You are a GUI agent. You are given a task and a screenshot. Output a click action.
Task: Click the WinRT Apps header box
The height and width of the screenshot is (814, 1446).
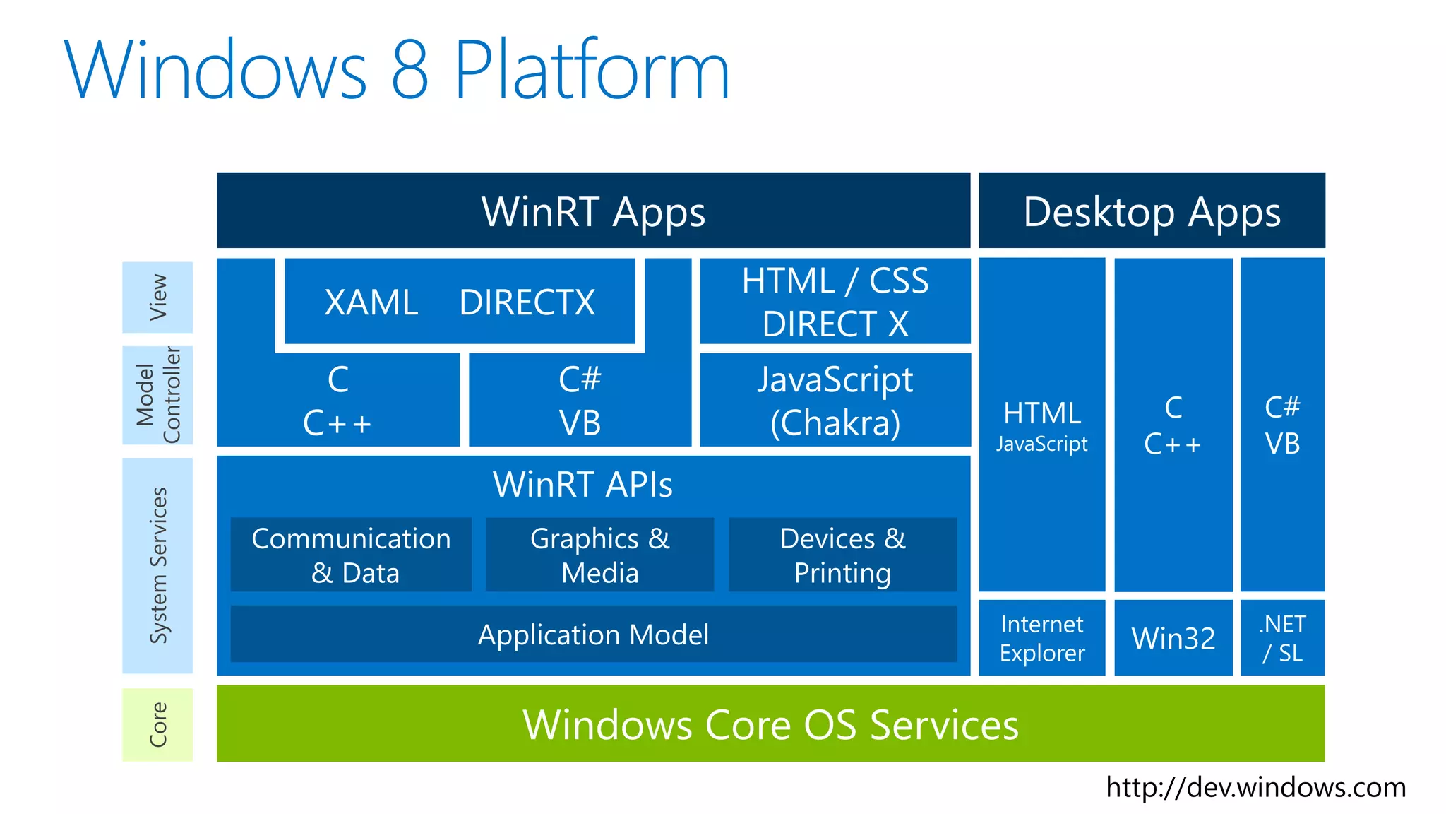593,211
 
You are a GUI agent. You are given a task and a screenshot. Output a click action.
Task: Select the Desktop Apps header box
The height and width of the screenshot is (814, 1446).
1152,211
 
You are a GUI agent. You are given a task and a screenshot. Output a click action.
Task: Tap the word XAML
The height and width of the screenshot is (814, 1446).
371,302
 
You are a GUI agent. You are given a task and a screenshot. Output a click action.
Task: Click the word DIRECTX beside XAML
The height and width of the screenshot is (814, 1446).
527,302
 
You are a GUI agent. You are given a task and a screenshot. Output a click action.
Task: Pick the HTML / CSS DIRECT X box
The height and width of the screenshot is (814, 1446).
835,302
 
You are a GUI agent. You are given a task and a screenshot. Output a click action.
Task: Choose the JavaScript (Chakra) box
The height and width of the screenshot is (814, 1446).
835,401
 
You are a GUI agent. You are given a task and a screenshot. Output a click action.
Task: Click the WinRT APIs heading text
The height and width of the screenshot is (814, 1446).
582,485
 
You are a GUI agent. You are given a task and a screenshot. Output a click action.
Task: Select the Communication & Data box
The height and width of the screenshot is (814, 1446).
351,555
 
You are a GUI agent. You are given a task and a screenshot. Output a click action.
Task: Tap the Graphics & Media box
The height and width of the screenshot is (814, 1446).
599,555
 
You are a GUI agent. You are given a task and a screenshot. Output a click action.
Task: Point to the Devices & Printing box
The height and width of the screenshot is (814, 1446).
842,555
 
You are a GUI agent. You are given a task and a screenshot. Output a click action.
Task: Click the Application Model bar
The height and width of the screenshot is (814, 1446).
593,634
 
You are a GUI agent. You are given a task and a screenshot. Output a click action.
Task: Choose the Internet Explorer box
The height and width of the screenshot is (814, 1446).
1041,638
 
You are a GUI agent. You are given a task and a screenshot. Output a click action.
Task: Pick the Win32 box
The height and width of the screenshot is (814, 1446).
1173,638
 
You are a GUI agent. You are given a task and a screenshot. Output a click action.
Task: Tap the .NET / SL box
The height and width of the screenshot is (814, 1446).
1282,638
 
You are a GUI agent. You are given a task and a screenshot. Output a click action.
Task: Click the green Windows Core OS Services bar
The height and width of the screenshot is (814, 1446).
770,724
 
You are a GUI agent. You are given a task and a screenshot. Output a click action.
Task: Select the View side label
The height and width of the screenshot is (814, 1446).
157,297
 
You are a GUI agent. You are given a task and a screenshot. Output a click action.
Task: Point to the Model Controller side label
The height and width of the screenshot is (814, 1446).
157,395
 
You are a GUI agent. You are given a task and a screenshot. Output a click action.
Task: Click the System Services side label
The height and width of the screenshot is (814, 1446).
157,565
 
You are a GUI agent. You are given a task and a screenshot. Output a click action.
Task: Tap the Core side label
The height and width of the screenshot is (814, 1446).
157,724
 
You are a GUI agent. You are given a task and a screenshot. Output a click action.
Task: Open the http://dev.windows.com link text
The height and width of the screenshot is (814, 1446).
1255,787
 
